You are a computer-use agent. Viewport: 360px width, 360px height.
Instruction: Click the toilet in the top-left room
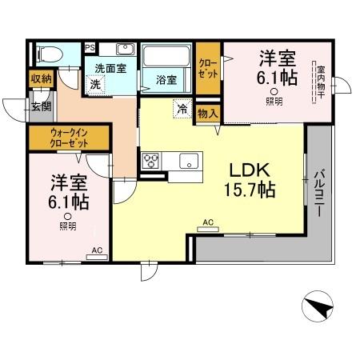(x=48, y=54)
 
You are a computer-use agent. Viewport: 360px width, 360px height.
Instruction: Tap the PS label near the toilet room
(x=90, y=46)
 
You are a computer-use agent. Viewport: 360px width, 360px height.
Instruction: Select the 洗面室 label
(x=111, y=68)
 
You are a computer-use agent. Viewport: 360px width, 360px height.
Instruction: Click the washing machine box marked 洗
(x=96, y=83)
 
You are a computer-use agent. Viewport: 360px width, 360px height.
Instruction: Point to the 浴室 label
(x=166, y=79)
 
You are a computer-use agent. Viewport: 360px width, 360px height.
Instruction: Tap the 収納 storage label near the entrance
(x=39, y=79)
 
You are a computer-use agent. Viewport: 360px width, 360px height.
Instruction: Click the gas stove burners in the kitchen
(x=151, y=160)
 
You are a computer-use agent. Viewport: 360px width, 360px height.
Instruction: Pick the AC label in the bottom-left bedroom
(x=97, y=250)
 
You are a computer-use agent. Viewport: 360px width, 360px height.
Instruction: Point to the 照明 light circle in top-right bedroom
(x=274, y=91)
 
